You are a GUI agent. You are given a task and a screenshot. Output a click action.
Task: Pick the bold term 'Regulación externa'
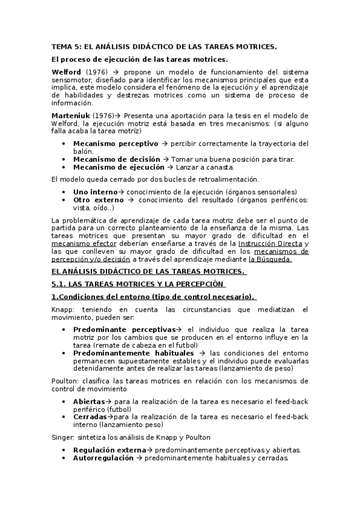109,450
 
